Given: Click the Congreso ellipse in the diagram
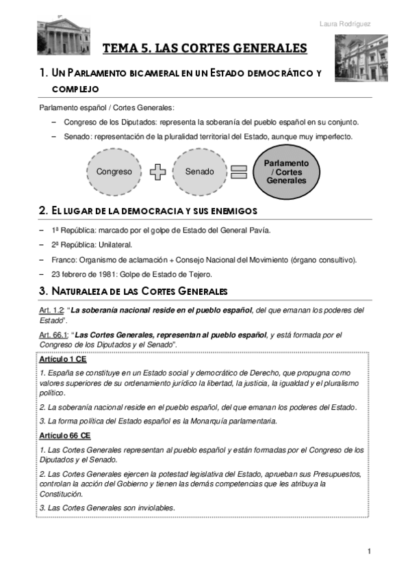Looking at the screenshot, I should (114, 172).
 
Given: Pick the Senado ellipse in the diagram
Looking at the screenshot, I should (199, 172).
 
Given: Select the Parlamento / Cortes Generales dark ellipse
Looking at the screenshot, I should (286, 172).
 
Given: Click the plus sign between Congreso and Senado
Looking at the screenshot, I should (157, 172).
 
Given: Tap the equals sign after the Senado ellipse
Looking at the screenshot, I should (238, 172).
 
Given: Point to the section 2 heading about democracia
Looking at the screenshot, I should (149, 209).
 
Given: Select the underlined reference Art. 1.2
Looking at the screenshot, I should (52, 311).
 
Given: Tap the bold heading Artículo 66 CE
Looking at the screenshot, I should (64, 435).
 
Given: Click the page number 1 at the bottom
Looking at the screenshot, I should (369, 551).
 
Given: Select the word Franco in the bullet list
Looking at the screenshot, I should (64, 259).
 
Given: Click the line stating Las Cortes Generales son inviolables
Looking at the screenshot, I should (107, 507).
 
